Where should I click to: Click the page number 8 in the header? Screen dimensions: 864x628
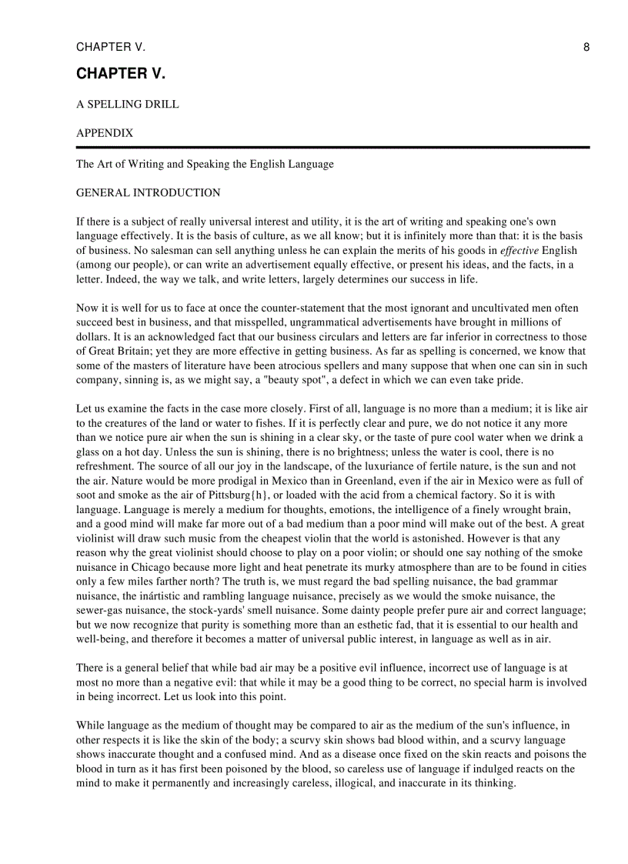586,48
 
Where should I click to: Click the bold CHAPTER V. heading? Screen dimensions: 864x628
121,74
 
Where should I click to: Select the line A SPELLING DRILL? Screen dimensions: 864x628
128,105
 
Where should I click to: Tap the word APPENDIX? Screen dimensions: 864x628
105,133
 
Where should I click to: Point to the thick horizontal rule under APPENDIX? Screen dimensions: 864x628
332,147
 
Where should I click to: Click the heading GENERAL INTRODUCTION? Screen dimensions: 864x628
148,193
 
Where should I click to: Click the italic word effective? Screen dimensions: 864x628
519,251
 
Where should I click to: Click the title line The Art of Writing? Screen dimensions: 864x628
205,164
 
